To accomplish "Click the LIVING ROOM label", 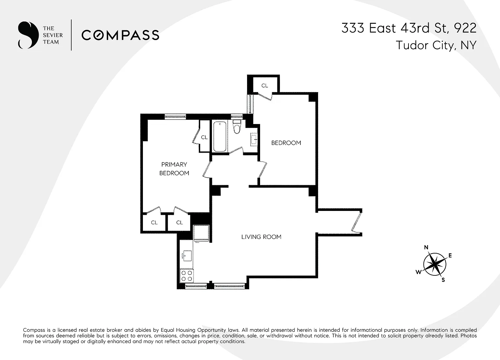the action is tap(261, 237).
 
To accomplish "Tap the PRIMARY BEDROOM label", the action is tap(174, 169).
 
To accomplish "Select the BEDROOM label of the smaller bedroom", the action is tap(286, 143).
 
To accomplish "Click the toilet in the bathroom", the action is tap(237, 127).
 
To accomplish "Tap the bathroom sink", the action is tap(254, 139).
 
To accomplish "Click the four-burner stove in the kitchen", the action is tap(187, 276).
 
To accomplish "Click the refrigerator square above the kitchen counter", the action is tap(201, 233).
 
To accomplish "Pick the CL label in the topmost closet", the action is tap(265, 86).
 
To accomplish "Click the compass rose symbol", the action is tap(435, 264).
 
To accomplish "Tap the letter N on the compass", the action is tap(426, 247).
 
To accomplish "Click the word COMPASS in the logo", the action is tap(120, 35).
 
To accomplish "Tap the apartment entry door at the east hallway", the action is tap(357, 222).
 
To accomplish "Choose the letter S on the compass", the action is tap(443, 280).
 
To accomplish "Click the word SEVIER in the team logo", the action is tap(53, 35).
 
